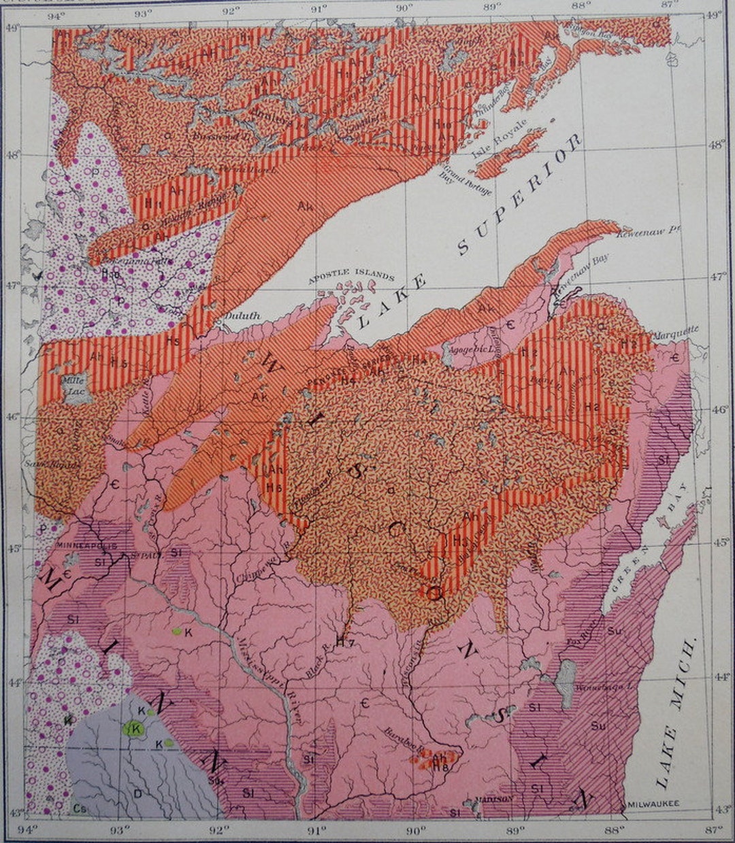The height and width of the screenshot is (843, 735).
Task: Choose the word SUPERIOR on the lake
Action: pos(521,194)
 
